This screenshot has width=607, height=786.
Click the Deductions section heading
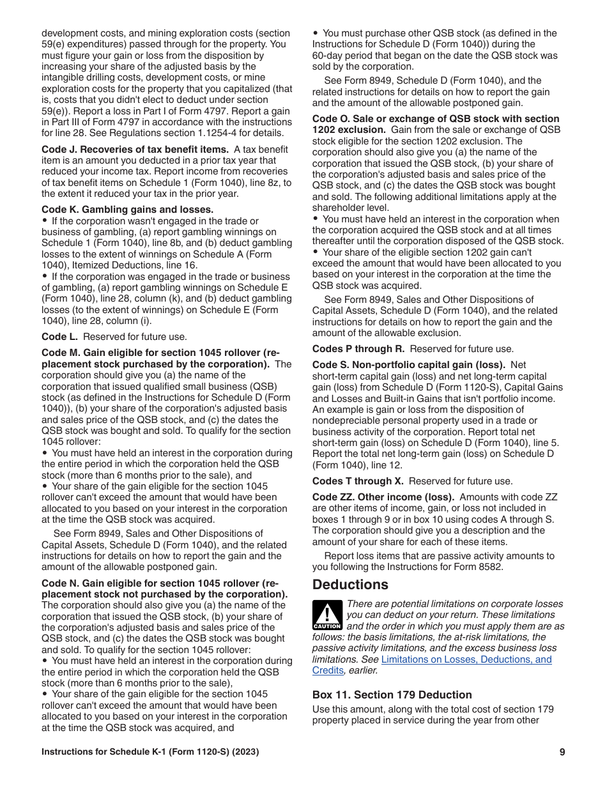(350, 585)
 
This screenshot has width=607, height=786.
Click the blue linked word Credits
(328, 670)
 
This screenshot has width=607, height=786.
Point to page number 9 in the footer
(562, 752)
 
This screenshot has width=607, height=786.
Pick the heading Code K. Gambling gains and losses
(128, 210)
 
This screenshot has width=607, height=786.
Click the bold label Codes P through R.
(358, 349)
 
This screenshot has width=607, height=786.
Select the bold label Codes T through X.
(358, 481)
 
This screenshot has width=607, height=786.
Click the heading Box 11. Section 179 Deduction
(392, 695)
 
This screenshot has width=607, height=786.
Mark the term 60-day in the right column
(328, 56)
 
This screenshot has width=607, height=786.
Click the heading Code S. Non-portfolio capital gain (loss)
(409, 365)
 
